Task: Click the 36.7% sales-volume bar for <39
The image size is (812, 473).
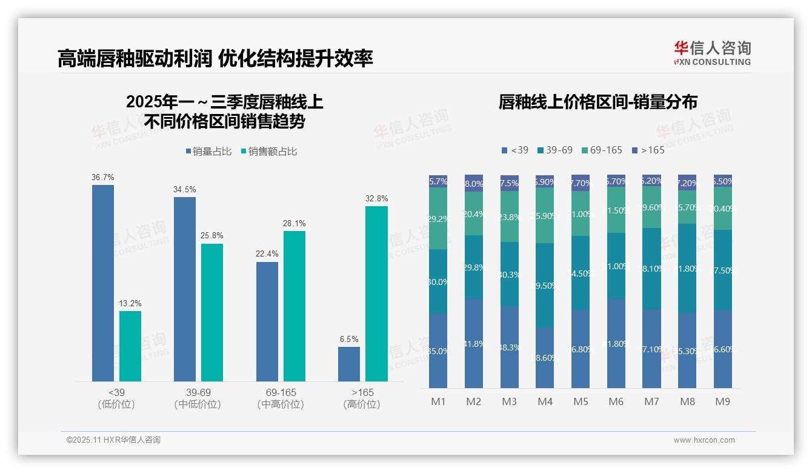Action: click(103, 283)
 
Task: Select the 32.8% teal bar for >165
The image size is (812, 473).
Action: click(376, 294)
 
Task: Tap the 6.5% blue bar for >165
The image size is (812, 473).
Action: click(349, 364)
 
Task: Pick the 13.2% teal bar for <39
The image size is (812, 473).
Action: click(130, 346)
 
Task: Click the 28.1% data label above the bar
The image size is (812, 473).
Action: click(295, 223)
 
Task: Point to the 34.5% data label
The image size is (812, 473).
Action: click(185, 189)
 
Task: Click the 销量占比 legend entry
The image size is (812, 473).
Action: click(208, 152)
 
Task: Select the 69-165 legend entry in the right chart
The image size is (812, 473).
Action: click(602, 150)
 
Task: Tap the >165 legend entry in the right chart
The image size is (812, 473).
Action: click(648, 150)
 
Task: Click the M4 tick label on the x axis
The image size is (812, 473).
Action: click(545, 401)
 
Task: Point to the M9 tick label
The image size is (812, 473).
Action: click(723, 401)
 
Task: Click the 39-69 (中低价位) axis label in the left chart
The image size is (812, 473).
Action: click(198, 398)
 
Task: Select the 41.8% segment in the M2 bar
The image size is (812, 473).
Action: click(474, 343)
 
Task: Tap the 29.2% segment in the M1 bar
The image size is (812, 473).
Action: click(438, 218)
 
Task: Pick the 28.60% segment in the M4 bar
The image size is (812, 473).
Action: click(545, 358)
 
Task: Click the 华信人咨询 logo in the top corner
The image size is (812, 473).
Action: click(712, 53)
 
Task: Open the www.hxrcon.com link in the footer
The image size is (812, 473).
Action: click(704, 440)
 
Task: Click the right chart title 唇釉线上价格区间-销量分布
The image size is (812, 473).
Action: click(597, 102)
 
